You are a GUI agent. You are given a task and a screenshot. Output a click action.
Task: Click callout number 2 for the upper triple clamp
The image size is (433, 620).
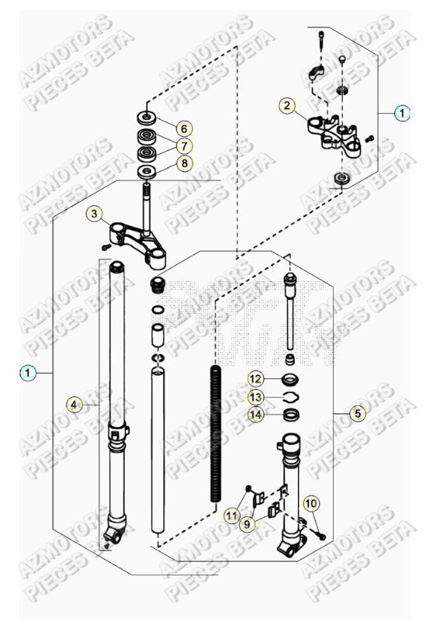click(x=286, y=105)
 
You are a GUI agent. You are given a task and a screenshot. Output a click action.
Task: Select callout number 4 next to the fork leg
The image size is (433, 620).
click(x=73, y=405)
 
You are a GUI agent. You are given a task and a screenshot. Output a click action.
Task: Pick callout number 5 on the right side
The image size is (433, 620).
click(x=357, y=413)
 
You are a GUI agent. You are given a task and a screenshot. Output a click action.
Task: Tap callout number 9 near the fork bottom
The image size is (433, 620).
click(x=247, y=522)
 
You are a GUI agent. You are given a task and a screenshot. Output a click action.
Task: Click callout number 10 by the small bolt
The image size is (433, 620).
click(x=311, y=503)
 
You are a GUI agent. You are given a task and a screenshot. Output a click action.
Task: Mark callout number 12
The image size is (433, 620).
click(x=256, y=378)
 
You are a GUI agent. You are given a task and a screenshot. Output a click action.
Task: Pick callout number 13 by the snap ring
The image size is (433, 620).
click(x=256, y=396)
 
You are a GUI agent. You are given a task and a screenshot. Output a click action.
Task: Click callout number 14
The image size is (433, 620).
click(x=256, y=414)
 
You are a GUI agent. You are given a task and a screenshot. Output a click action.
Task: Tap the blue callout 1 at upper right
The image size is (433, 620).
click(x=402, y=113)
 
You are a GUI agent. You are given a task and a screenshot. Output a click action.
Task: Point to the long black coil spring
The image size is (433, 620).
click(x=215, y=424)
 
